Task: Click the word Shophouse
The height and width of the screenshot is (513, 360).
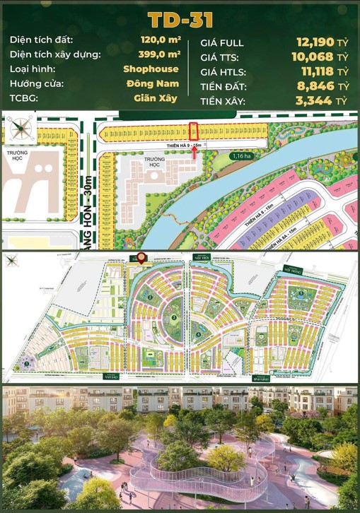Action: pos(151,69)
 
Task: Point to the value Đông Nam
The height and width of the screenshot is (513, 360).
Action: pos(155,83)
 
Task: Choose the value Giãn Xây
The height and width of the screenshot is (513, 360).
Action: pos(156,98)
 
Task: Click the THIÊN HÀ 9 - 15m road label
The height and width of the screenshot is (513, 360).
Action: pos(181,145)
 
